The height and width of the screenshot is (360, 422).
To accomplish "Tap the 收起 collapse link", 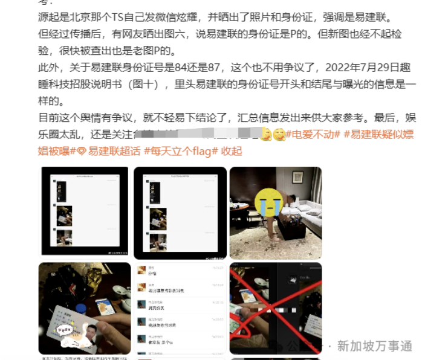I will click(x=232, y=150).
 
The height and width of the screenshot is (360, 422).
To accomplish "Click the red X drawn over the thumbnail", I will click(x=275, y=308).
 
